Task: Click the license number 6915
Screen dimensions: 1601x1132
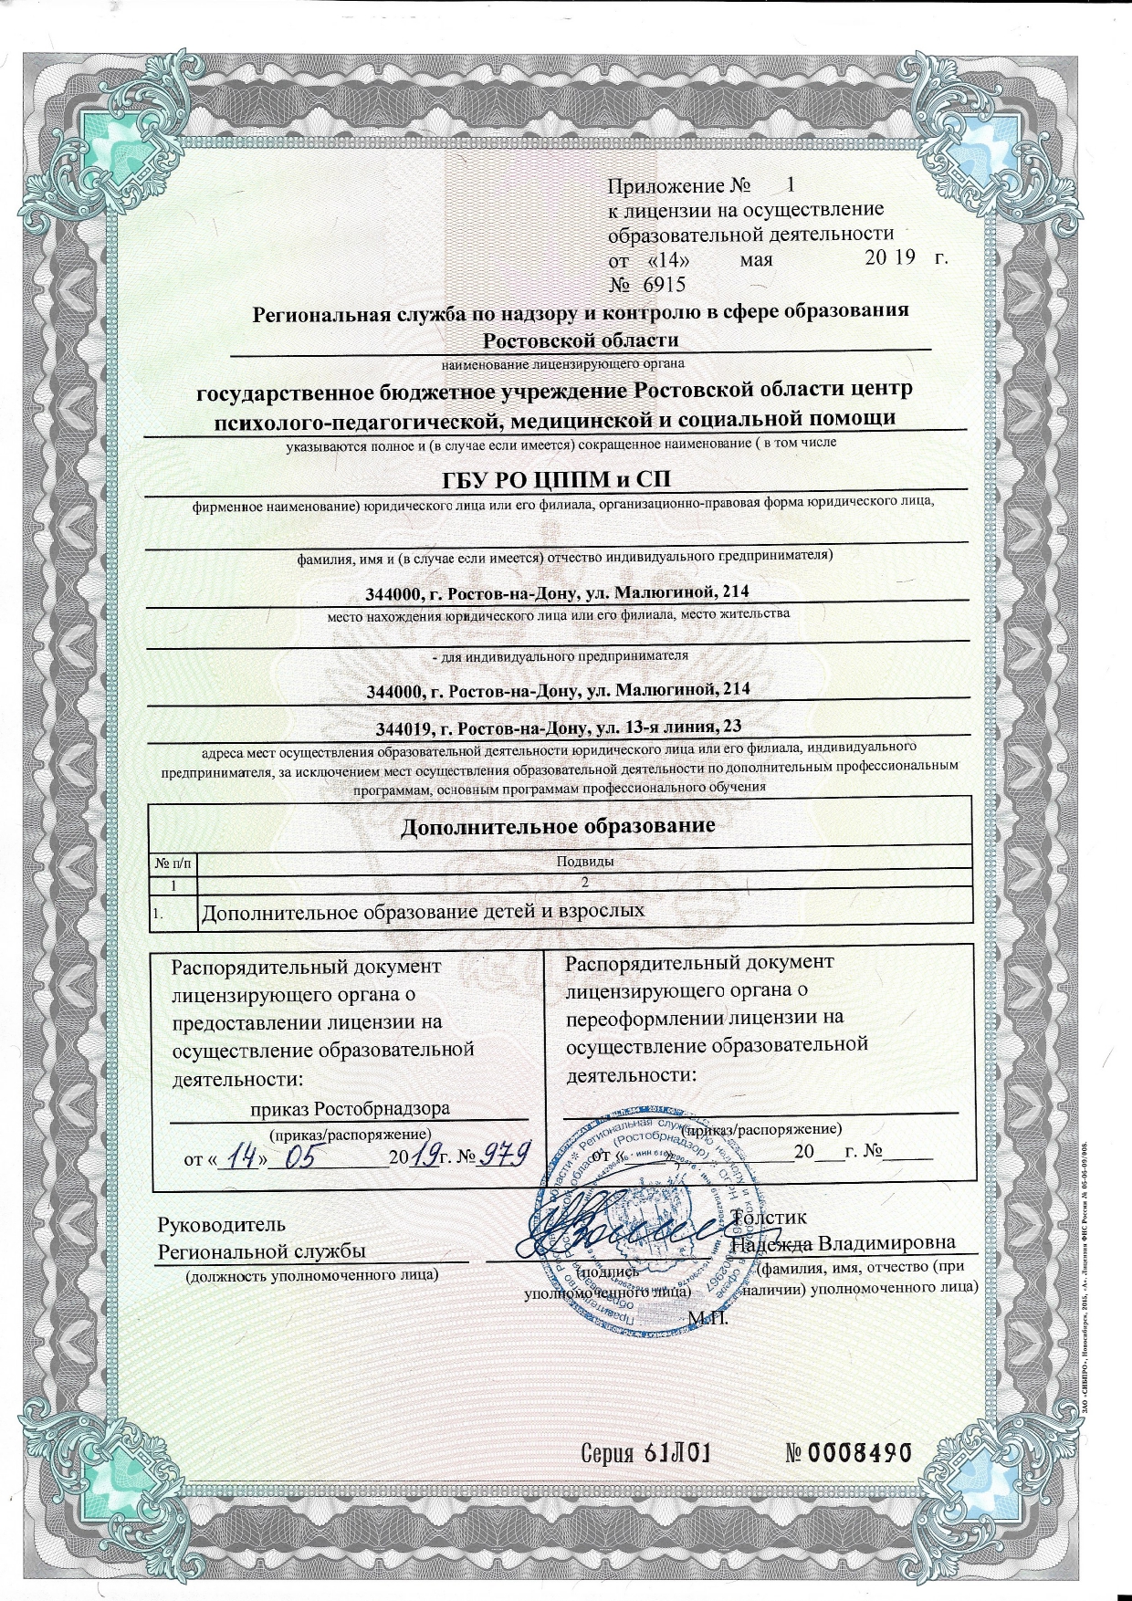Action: tap(664, 284)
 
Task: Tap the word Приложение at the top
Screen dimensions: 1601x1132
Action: tap(666, 186)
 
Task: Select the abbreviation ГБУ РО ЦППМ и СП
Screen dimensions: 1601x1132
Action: tap(556, 480)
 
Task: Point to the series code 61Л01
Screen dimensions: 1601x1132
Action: tap(676, 1453)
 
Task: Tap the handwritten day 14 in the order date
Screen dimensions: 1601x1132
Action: tap(243, 1157)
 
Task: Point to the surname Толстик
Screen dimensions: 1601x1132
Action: tap(770, 1217)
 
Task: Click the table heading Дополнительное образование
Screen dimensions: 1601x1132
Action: tap(558, 826)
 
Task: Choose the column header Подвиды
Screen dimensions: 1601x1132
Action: tap(584, 861)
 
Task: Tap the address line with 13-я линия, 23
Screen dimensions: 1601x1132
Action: tap(558, 727)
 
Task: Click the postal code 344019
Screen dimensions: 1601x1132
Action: tap(404, 728)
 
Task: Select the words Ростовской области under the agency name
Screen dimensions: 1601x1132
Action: tap(581, 340)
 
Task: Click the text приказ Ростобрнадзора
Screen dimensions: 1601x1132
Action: tap(351, 1109)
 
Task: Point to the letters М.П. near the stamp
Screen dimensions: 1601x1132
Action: tap(707, 1317)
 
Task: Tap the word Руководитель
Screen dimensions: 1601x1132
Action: tap(222, 1225)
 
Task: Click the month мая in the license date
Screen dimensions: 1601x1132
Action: tap(756, 259)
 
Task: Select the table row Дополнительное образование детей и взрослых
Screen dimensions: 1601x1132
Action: tap(422, 911)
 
